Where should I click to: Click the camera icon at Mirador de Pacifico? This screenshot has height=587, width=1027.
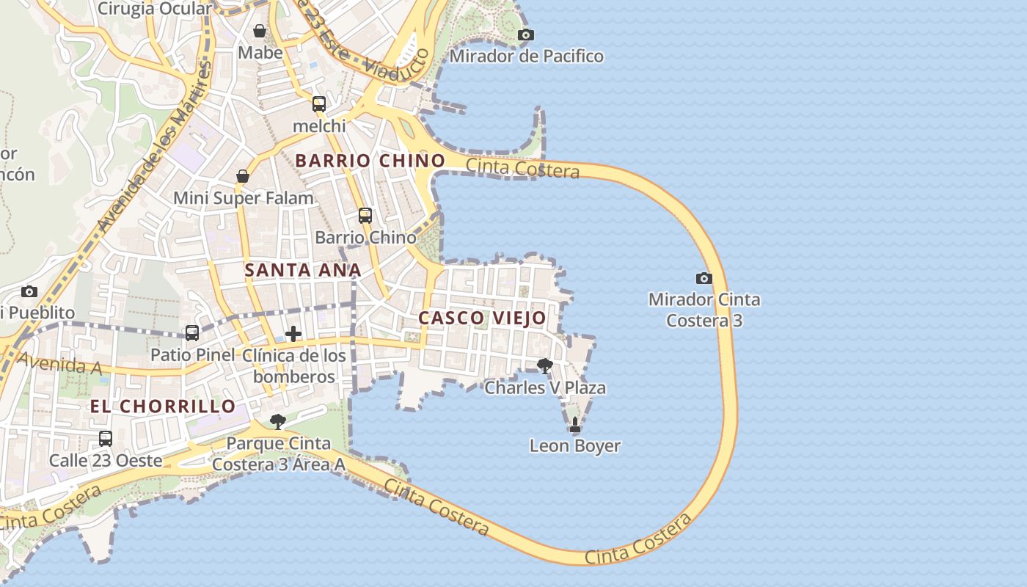pos(525,34)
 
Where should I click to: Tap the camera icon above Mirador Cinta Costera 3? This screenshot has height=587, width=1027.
pos(703,278)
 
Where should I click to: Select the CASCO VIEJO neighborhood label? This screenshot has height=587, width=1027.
pos(482,318)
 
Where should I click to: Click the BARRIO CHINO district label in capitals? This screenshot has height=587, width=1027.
pos(370,161)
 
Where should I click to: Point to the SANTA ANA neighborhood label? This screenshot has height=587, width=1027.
pos(302,270)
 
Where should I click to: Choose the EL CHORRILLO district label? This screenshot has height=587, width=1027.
pos(163,406)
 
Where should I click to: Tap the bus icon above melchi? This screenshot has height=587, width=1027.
pos(319,104)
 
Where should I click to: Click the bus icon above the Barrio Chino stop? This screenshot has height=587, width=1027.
pos(365,216)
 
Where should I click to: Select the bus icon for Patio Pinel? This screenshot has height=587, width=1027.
pos(192,333)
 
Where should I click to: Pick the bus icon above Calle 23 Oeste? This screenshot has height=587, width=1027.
pos(106,439)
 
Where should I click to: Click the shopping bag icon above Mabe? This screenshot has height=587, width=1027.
pos(260,31)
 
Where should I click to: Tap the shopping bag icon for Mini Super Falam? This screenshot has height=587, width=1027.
pos(243,176)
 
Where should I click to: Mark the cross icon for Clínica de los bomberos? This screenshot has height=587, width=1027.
pos(293,334)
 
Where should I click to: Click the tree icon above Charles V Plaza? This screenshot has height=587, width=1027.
pos(544,365)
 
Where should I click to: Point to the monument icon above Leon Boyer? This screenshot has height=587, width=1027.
pos(575,424)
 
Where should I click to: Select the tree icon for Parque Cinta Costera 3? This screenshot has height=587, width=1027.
pos(277,421)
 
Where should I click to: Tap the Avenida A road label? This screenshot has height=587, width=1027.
pos(59,363)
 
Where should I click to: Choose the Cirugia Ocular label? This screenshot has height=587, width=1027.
pos(154,9)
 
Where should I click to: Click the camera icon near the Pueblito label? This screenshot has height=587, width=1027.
pos(29,291)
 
